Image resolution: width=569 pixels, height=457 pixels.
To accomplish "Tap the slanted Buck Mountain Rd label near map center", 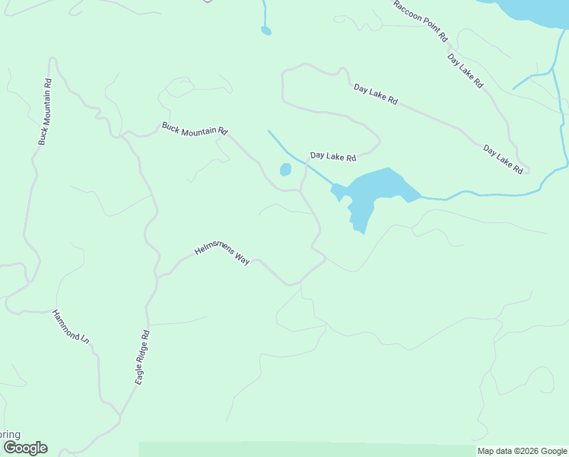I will [x=195, y=128].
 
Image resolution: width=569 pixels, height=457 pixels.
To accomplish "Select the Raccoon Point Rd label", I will [x=421, y=21].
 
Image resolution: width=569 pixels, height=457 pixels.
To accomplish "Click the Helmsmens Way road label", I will [x=222, y=254].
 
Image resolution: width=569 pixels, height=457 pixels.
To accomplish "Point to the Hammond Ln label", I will [x=71, y=327].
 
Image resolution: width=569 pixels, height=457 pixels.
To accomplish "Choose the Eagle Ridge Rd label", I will [x=142, y=356].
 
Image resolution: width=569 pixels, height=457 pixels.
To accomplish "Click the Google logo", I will [x=24, y=448].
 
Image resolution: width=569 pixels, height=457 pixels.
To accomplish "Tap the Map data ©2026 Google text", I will [x=522, y=451].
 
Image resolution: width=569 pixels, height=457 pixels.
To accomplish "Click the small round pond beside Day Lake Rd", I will [x=285, y=169].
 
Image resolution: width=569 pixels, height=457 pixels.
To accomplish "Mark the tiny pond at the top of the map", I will [x=265, y=30].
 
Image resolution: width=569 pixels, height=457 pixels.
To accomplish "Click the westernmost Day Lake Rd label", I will [x=332, y=158].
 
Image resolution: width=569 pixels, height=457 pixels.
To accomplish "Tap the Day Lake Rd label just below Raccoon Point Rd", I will [x=465, y=71].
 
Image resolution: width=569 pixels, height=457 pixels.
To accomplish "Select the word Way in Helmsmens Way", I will [x=241, y=260].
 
